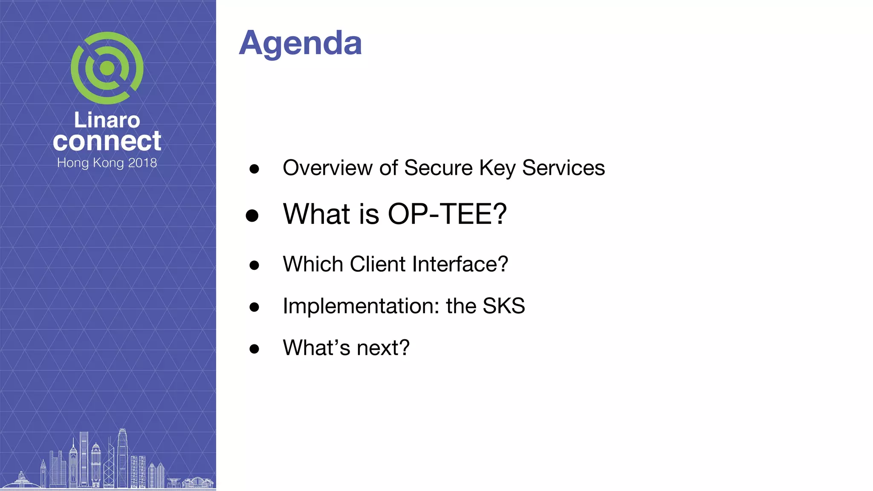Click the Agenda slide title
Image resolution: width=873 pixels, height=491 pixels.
(300, 43)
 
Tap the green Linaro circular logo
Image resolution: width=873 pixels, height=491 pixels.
(107, 68)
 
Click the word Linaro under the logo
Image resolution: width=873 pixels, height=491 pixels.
(107, 120)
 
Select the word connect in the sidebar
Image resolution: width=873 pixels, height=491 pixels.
(107, 141)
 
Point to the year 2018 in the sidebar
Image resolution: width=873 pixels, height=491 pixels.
(142, 163)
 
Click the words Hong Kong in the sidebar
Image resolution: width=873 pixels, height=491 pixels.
(90, 163)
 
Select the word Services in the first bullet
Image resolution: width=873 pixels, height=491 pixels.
(563, 168)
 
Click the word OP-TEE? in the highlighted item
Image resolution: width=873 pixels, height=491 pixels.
(447, 214)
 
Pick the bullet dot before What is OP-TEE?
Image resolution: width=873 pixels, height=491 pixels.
(252, 215)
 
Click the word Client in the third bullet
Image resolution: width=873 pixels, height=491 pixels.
(377, 264)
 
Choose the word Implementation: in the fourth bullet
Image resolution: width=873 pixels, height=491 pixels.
(361, 306)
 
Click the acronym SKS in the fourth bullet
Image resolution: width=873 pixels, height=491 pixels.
(503, 306)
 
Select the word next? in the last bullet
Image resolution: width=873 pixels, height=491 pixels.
(383, 348)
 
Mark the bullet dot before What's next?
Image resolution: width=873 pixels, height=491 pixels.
(254, 349)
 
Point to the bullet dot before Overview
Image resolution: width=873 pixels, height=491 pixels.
(254, 169)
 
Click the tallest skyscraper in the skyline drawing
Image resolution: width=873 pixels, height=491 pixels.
(123, 458)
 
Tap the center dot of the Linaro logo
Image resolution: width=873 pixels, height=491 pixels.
(107, 68)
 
